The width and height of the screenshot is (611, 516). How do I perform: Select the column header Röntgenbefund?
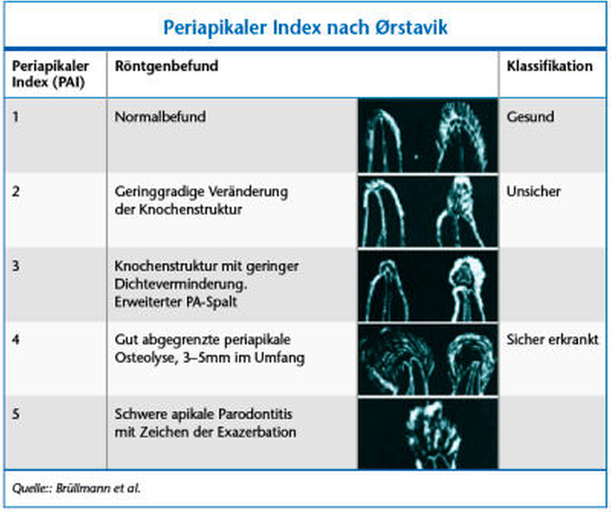pos(167,67)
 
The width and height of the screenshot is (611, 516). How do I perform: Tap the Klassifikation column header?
pos(550,66)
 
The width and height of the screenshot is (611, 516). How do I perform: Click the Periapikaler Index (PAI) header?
pos(50,74)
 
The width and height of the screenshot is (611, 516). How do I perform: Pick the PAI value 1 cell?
pos(15,117)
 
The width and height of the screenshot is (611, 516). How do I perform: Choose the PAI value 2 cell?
pos(16,191)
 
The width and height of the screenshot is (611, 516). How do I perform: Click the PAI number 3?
pos(16,266)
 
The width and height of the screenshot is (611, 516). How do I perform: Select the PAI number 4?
pos(16,340)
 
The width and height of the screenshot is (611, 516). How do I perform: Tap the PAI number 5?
pos(16,414)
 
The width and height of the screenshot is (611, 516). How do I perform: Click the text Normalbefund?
pos(160,117)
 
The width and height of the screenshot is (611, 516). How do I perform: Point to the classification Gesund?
pos(531,117)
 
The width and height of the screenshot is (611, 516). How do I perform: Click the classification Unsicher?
pos(533,191)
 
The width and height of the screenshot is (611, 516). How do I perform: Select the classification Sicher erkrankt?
pos(552,340)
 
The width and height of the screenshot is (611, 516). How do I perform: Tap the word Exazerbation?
pos(257,432)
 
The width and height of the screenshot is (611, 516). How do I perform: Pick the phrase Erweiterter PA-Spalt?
pos(176,302)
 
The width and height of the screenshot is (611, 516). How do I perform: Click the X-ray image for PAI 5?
pos(428,433)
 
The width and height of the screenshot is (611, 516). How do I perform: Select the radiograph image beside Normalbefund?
pos(428,135)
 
